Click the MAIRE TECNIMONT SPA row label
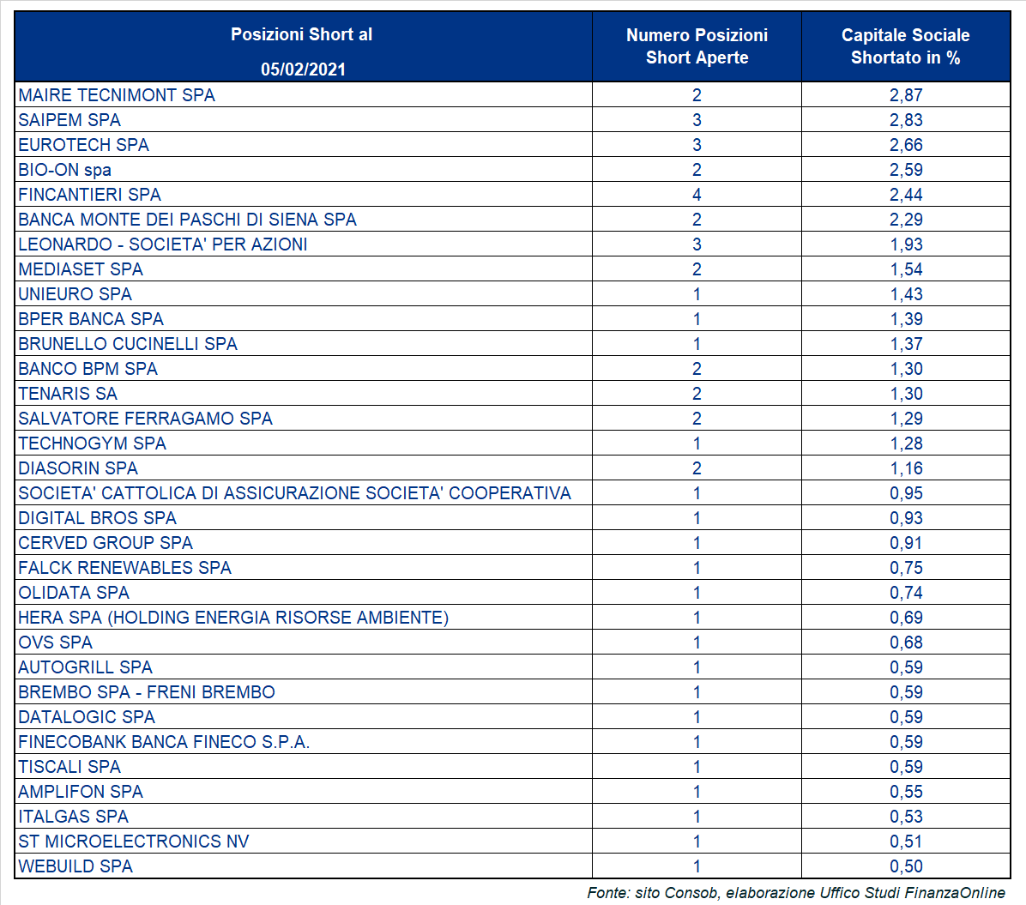pyautogui.click(x=117, y=95)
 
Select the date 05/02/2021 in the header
pyautogui.click(x=303, y=69)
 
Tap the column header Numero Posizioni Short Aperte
pyautogui.click(x=697, y=46)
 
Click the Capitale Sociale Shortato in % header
pyautogui.click(x=906, y=46)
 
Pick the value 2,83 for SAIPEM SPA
pyautogui.click(x=906, y=120)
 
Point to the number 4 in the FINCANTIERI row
pyautogui.click(x=697, y=195)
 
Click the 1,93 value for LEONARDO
pyautogui.click(x=906, y=244)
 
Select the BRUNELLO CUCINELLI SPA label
pyautogui.click(x=128, y=344)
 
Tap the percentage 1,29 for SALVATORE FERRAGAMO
pyautogui.click(x=906, y=419)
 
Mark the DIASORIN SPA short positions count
pyautogui.click(x=697, y=468)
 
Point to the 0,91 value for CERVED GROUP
pyautogui.click(x=906, y=543)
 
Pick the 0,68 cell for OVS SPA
pyautogui.click(x=906, y=643)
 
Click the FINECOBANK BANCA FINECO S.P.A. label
pyautogui.click(x=164, y=742)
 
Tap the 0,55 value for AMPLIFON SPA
pyautogui.click(x=906, y=792)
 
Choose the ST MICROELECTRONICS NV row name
pyautogui.click(x=134, y=842)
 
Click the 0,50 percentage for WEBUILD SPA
pyautogui.click(x=906, y=866)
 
